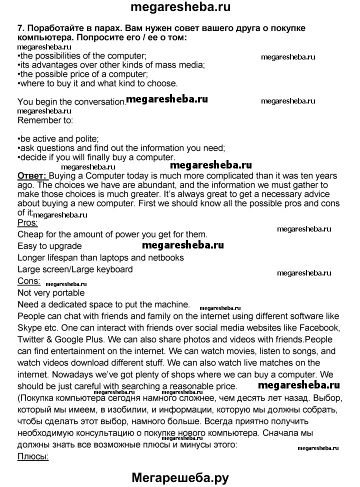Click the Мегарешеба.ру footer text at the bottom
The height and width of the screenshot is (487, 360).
(180, 477)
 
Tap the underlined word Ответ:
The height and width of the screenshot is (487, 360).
(32, 176)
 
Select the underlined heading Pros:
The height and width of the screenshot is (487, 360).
(27, 223)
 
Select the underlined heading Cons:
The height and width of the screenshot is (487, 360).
(28, 281)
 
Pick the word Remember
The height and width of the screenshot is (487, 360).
(37, 120)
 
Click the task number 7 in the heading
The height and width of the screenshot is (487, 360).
(20, 28)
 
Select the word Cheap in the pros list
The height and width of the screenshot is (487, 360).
(30, 234)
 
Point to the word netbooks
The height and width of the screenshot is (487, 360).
(165, 257)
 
